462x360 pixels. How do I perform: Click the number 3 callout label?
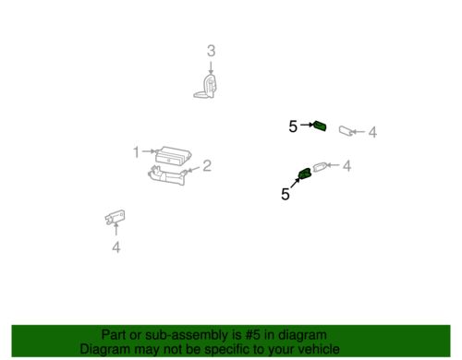tap(211, 51)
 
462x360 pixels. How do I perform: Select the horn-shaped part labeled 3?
tap(210, 88)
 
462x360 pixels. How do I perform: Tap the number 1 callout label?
tap(135, 152)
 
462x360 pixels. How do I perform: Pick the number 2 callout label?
tap(207, 166)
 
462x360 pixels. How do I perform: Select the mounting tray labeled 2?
tap(165, 175)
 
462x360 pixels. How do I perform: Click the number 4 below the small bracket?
tap(115, 247)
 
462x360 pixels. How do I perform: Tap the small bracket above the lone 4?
tap(115, 218)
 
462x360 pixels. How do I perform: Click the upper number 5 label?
tap(293, 127)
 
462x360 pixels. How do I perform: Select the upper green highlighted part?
tap(320, 127)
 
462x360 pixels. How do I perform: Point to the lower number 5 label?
tap(285, 194)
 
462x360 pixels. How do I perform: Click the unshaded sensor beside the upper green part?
tap(349, 131)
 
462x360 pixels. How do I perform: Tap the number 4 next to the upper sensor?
tap(372, 133)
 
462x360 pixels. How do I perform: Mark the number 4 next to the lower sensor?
tap(346, 167)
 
